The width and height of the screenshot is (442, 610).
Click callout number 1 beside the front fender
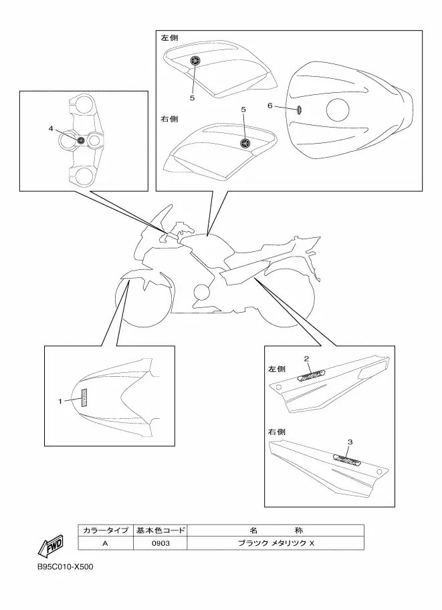click(x=60, y=402)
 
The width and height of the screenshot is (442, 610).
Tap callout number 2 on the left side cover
click(x=307, y=359)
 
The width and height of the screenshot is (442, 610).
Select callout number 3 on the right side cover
click(x=350, y=442)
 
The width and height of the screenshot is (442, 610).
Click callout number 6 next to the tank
click(x=270, y=106)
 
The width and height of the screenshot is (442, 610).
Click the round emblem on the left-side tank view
click(x=195, y=61)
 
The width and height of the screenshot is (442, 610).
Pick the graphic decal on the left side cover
click(x=309, y=376)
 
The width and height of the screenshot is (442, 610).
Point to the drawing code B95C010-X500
click(x=65, y=568)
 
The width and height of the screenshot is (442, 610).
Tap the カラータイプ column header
click(x=105, y=530)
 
